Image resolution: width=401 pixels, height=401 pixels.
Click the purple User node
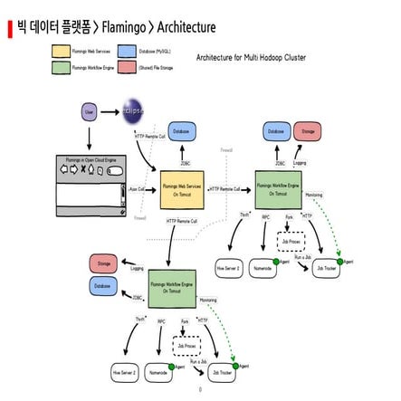click(x=89, y=112)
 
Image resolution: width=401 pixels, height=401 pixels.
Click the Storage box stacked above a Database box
click(x=101, y=263)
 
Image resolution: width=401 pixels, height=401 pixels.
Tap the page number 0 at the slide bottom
click(x=200, y=391)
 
